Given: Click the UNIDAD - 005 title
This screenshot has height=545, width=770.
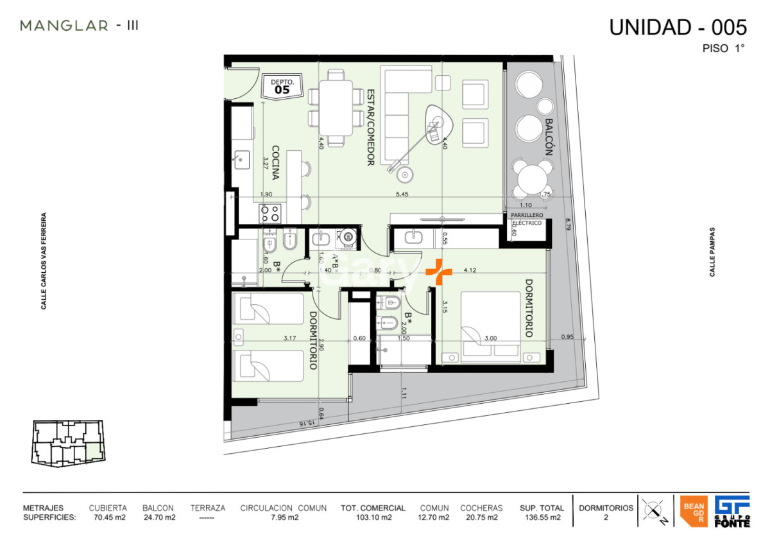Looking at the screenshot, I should pos(678,28).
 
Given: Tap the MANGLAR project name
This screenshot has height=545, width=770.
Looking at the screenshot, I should pos(64,26).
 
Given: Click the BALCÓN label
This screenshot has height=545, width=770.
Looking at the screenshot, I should pos(549,137).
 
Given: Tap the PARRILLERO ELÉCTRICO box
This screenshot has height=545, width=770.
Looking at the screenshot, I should pos(526,219).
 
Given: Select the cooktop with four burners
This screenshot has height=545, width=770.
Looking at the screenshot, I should pos(269,212).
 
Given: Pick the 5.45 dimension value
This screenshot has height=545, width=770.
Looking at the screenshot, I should pos(402,194).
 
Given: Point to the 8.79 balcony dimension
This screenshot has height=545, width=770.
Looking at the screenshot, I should pos(567,224).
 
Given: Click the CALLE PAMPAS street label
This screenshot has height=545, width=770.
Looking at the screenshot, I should pos(712,252).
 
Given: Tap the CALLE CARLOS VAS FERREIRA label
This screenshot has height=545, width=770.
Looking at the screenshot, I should pos(44,261).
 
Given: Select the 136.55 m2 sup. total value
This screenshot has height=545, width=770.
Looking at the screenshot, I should pos(542,517).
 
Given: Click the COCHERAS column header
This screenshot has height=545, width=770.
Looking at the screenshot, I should pos(481,508).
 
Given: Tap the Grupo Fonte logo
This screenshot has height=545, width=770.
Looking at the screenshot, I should pos(732,512).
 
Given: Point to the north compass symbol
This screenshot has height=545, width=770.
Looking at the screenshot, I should pos(654,512).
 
